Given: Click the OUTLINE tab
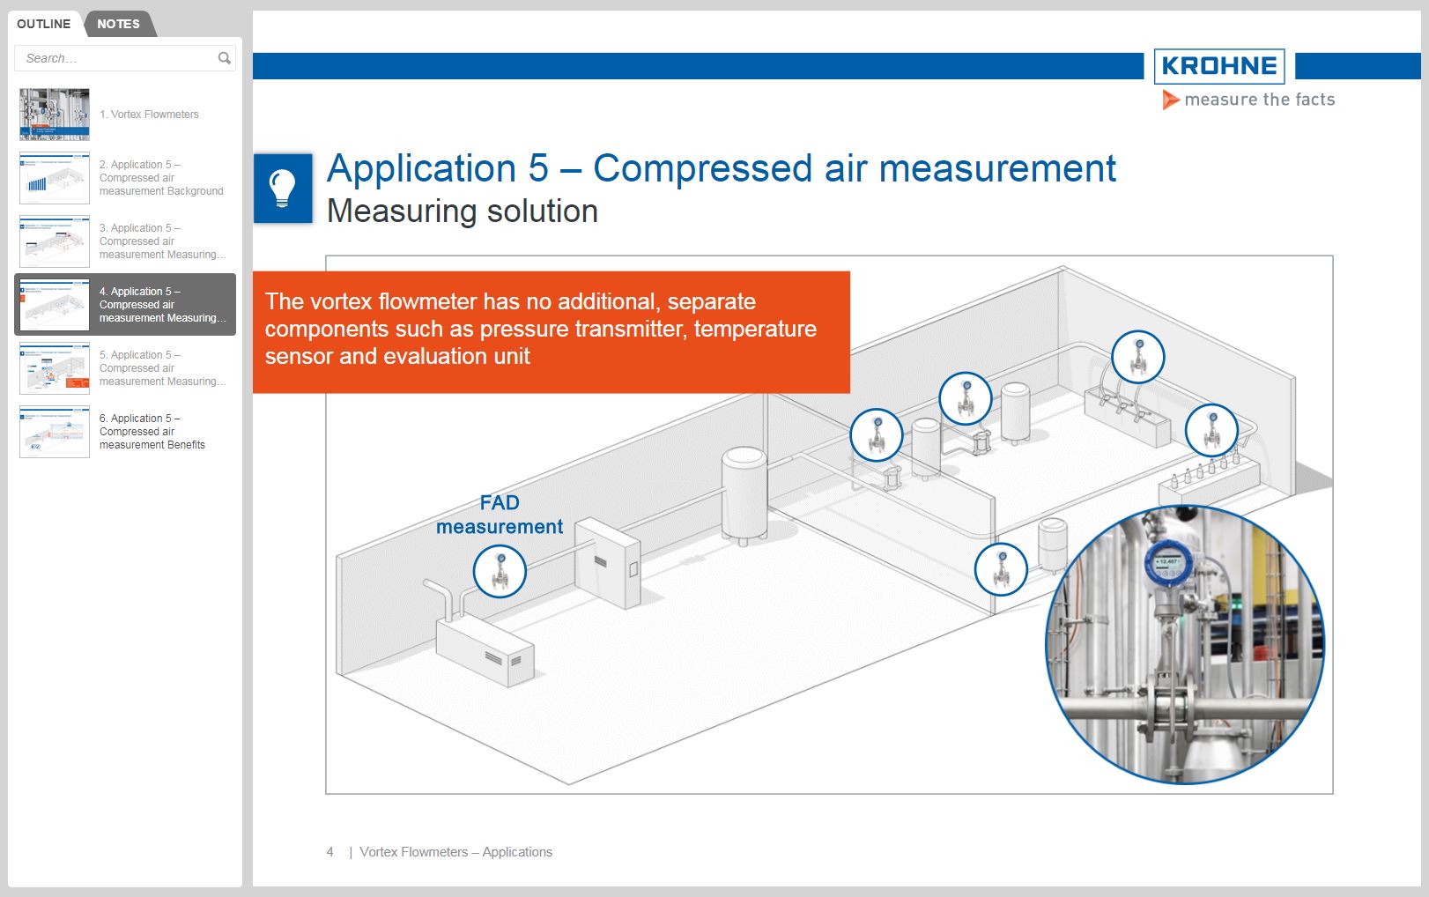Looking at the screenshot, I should click(x=43, y=24).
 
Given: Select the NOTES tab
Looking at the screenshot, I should click(x=118, y=24).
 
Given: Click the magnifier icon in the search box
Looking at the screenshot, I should click(x=225, y=58).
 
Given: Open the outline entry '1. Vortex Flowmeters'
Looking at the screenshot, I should click(x=149, y=115).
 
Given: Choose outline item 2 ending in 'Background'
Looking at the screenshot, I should click(x=160, y=178).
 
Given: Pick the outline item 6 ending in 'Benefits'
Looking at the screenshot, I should click(x=152, y=432).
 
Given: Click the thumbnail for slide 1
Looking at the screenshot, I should click(x=55, y=115).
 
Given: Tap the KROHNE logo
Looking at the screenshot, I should click(x=1219, y=66).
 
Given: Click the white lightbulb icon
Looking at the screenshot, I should click(x=282, y=188).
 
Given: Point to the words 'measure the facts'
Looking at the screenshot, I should click(x=1259, y=100).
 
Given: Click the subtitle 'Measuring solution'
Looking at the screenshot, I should click(x=462, y=211).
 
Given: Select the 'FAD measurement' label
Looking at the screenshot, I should click(x=500, y=515).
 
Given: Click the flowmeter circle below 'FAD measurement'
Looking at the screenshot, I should click(x=500, y=571).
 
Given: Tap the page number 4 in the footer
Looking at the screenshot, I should click(x=330, y=852).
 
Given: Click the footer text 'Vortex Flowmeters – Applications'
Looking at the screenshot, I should click(x=455, y=852).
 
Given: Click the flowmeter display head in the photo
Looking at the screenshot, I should click(x=1167, y=560).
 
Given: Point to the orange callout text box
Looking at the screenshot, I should click(x=551, y=330).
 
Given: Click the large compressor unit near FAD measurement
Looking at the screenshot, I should click(x=485, y=649).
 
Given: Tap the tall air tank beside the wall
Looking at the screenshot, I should click(x=744, y=493).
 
